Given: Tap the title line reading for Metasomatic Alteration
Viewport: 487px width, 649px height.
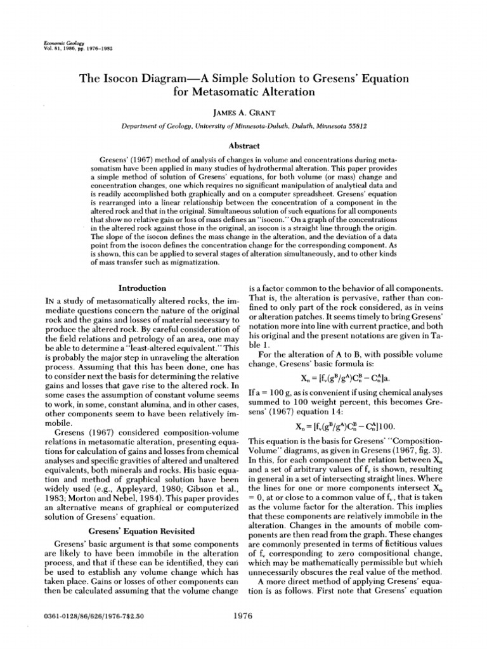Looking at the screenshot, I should pyautogui.click(x=243, y=92).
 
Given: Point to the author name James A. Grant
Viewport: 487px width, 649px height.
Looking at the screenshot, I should pyautogui.click(x=243, y=111).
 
